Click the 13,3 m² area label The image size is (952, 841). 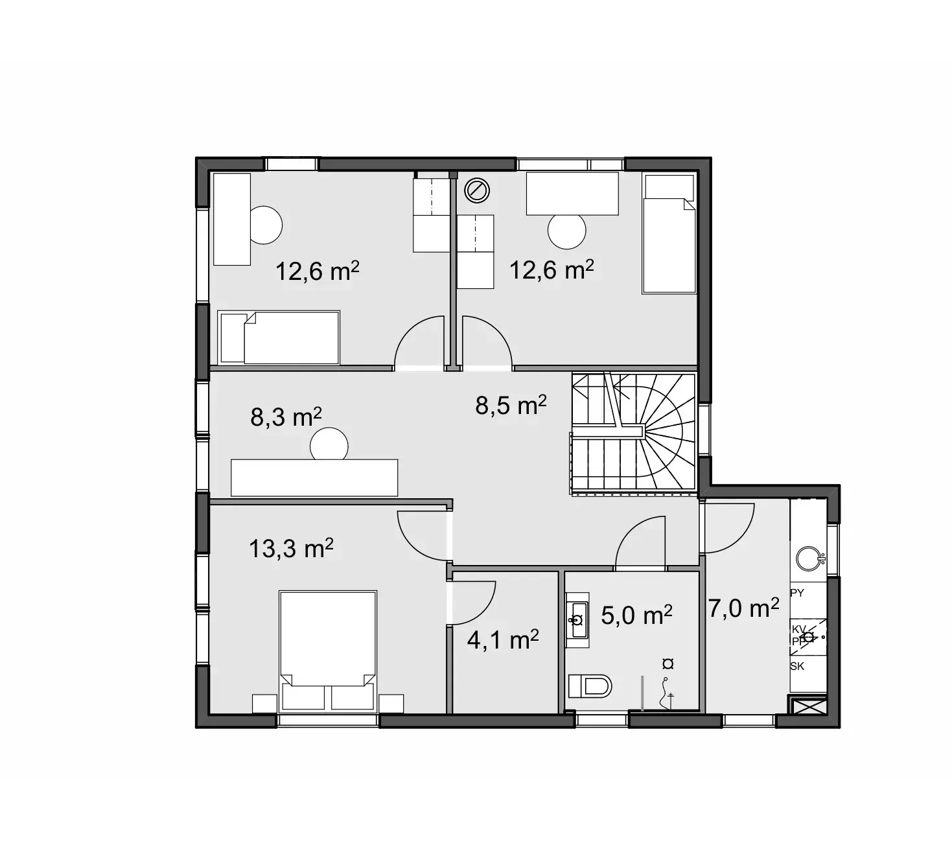click(291, 549)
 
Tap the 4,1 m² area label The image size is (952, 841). click(503, 640)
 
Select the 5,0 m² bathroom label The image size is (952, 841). click(636, 615)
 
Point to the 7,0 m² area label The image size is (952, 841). click(743, 608)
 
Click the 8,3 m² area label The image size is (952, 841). click(286, 417)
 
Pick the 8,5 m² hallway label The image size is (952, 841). click(511, 406)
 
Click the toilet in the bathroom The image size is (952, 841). click(590, 685)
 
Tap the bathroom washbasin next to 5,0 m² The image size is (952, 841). click(577, 619)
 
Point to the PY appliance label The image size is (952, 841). click(798, 593)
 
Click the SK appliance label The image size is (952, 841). click(797, 666)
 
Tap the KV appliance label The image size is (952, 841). click(799, 629)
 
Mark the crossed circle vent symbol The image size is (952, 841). click(477, 190)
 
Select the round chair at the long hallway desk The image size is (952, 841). click(329, 445)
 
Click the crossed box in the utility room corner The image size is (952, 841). click(807, 706)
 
